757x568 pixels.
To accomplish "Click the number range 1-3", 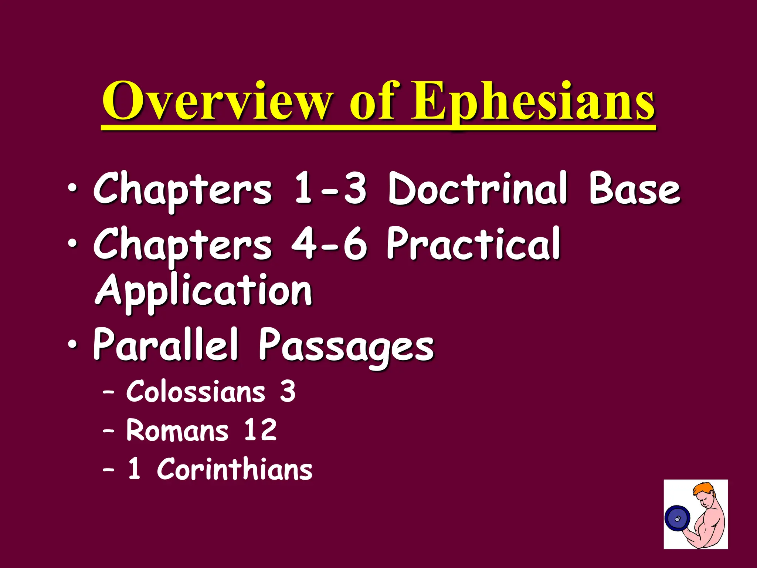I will point(330,189).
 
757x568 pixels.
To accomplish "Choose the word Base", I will point(634,189).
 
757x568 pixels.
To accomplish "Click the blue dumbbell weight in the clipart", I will point(677,519).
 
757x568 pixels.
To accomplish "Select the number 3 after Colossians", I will point(288,392).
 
